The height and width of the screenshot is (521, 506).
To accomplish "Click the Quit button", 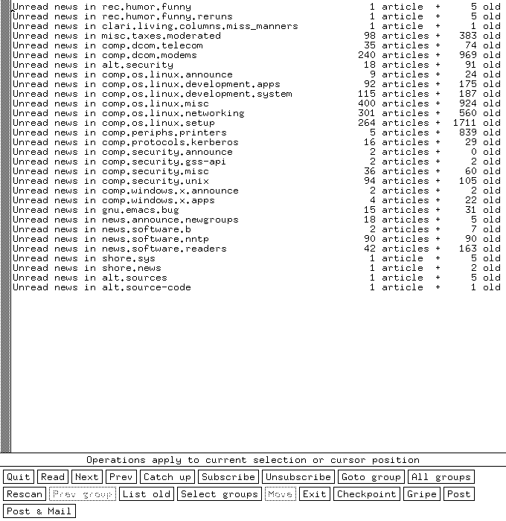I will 19,477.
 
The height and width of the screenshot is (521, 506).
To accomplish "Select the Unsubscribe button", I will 298,477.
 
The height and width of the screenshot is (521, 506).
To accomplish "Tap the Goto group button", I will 371,477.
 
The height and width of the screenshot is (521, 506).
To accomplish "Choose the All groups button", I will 441,477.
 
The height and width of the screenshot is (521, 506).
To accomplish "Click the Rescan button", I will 25,494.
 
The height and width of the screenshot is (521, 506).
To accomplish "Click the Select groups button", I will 220,494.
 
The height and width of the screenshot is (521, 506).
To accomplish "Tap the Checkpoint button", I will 366,494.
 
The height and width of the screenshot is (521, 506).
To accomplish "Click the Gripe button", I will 423,494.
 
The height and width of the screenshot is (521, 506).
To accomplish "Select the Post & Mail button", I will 39,511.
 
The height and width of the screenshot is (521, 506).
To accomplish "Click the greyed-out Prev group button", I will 83,494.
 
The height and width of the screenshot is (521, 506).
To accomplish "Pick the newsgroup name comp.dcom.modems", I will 149,55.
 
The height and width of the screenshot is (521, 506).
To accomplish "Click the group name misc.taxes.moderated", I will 161,36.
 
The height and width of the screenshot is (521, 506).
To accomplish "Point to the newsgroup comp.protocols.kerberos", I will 170,142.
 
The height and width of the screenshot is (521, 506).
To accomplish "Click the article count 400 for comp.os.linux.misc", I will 366,103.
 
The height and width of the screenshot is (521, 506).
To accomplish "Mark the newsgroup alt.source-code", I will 146,287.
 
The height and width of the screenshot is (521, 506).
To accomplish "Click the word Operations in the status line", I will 116,460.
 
